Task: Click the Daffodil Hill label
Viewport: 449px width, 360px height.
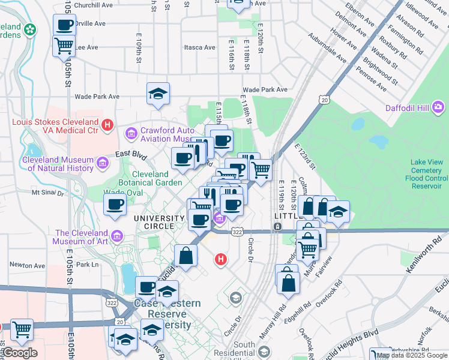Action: [x=406, y=108]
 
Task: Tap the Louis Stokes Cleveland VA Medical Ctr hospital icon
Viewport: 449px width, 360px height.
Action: [x=107, y=125]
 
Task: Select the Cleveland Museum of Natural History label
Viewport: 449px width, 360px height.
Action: [x=58, y=164]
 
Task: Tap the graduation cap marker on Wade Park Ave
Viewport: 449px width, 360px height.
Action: [x=158, y=94]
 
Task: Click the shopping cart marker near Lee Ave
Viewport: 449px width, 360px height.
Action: [x=64, y=45]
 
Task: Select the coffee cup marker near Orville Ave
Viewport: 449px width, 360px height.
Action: [x=64, y=25]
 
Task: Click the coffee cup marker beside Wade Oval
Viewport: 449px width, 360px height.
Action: [x=115, y=203]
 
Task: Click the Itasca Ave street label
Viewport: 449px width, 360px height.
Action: [x=199, y=47]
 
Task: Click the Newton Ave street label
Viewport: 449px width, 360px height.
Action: [x=27, y=265]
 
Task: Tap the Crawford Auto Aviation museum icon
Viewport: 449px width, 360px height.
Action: [x=130, y=133]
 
